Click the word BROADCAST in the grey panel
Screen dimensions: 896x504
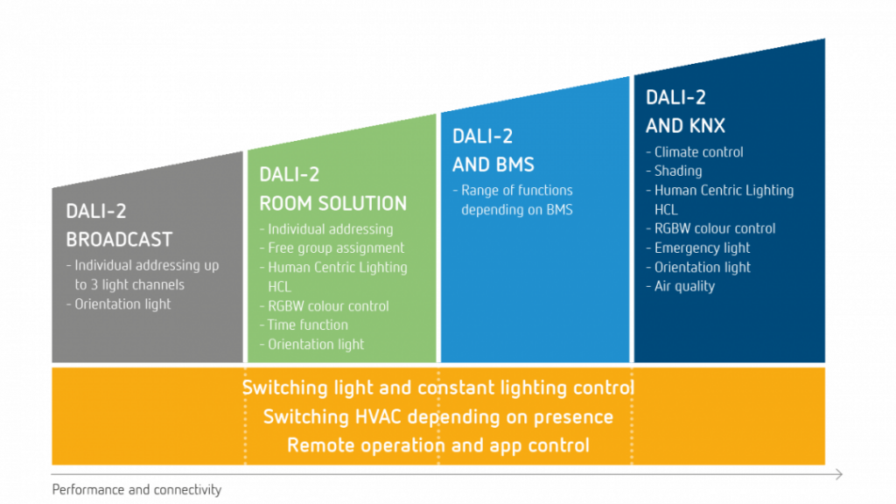click(119, 240)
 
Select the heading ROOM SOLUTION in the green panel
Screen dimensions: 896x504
click(332, 203)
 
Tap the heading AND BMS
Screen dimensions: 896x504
click(493, 164)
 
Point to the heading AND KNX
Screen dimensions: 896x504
click(685, 126)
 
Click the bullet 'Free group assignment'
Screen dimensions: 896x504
click(336, 248)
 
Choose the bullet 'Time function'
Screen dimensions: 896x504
click(307, 325)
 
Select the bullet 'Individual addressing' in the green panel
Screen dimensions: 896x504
click(330, 229)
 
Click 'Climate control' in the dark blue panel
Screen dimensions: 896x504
click(698, 152)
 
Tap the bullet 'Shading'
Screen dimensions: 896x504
click(678, 171)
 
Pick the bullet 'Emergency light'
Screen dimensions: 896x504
click(702, 248)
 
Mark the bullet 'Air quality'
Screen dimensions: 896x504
click(684, 286)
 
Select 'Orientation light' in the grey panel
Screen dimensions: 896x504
click(122, 304)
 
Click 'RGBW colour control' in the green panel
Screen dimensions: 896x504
click(328, 305)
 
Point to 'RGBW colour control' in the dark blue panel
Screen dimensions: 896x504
click(714, 228)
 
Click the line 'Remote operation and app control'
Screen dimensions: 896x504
click(437, 445)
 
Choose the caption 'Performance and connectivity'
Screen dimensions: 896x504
click(136, 490)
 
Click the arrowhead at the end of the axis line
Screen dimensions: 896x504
click(839, 474)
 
